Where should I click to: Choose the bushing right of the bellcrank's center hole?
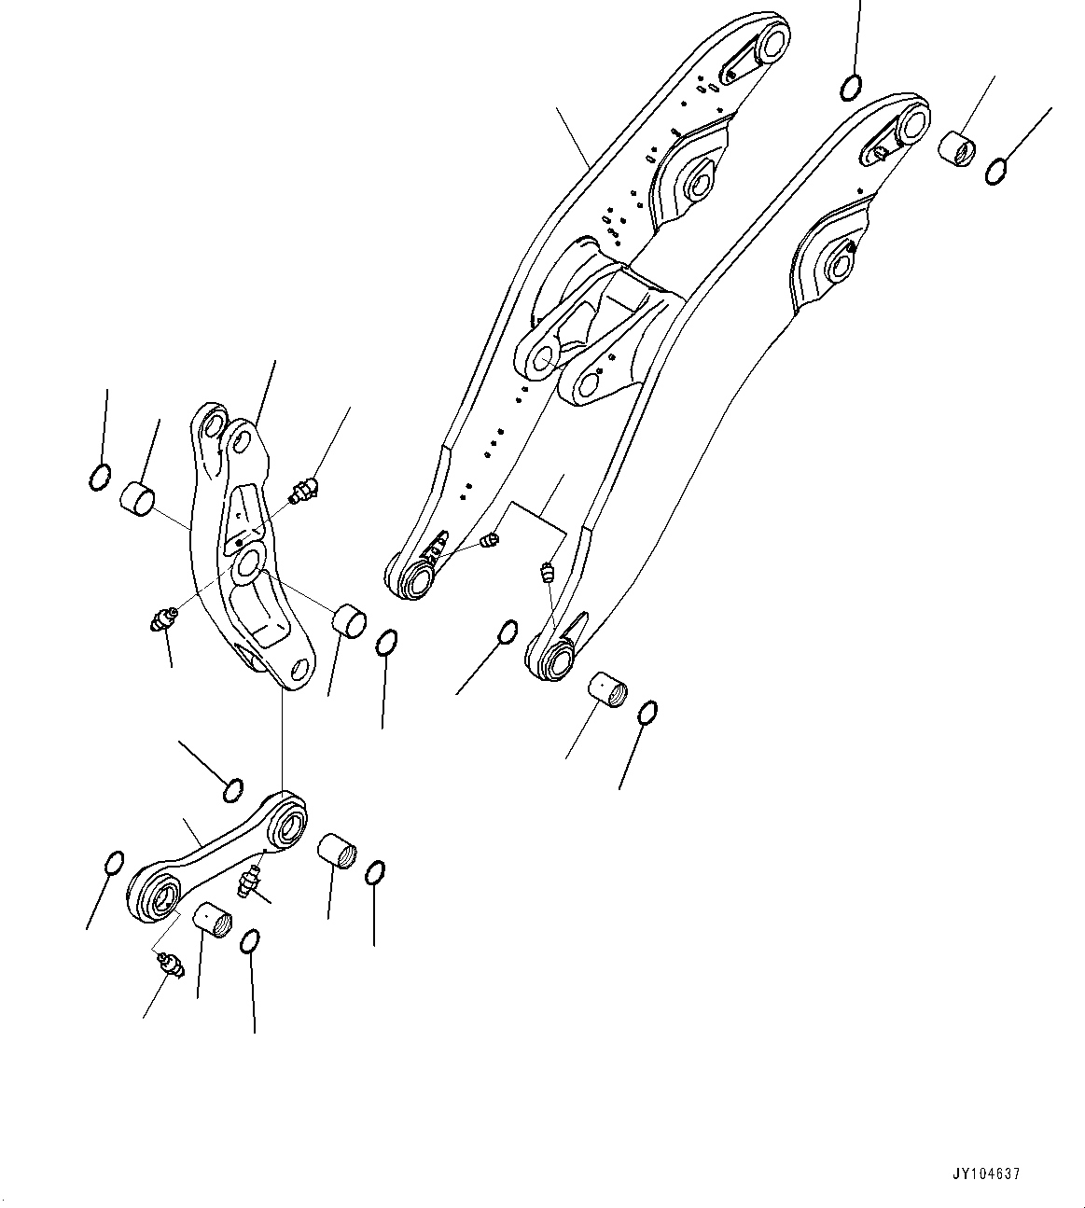pos(351,620)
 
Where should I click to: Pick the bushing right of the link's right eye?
pos(337,850)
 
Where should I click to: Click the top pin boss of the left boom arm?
pos(771,43)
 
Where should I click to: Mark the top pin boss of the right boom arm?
pos(910,122)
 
